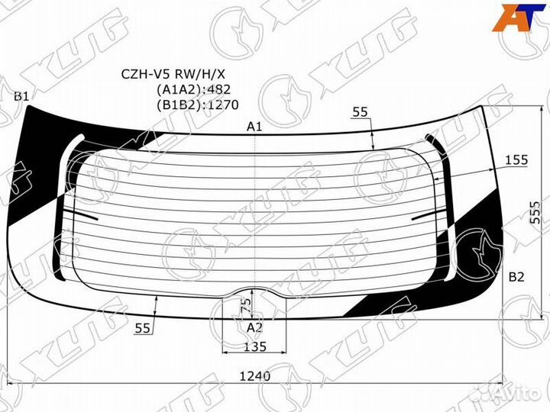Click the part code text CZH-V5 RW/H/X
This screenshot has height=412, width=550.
pos(173,74)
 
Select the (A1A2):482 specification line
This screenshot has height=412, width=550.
pos(193,90)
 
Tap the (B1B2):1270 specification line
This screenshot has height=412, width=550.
pos(198,105)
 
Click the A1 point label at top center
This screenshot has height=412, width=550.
pos(254,126)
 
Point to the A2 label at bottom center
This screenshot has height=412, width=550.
pos(254,328)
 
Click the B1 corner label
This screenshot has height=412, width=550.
pos(21,96)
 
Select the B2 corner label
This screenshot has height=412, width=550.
pos(516,277)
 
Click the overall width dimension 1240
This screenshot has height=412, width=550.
pos(255,376)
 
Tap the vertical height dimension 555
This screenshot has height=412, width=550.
pos(535,212)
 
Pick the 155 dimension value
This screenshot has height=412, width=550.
pos(516,160)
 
